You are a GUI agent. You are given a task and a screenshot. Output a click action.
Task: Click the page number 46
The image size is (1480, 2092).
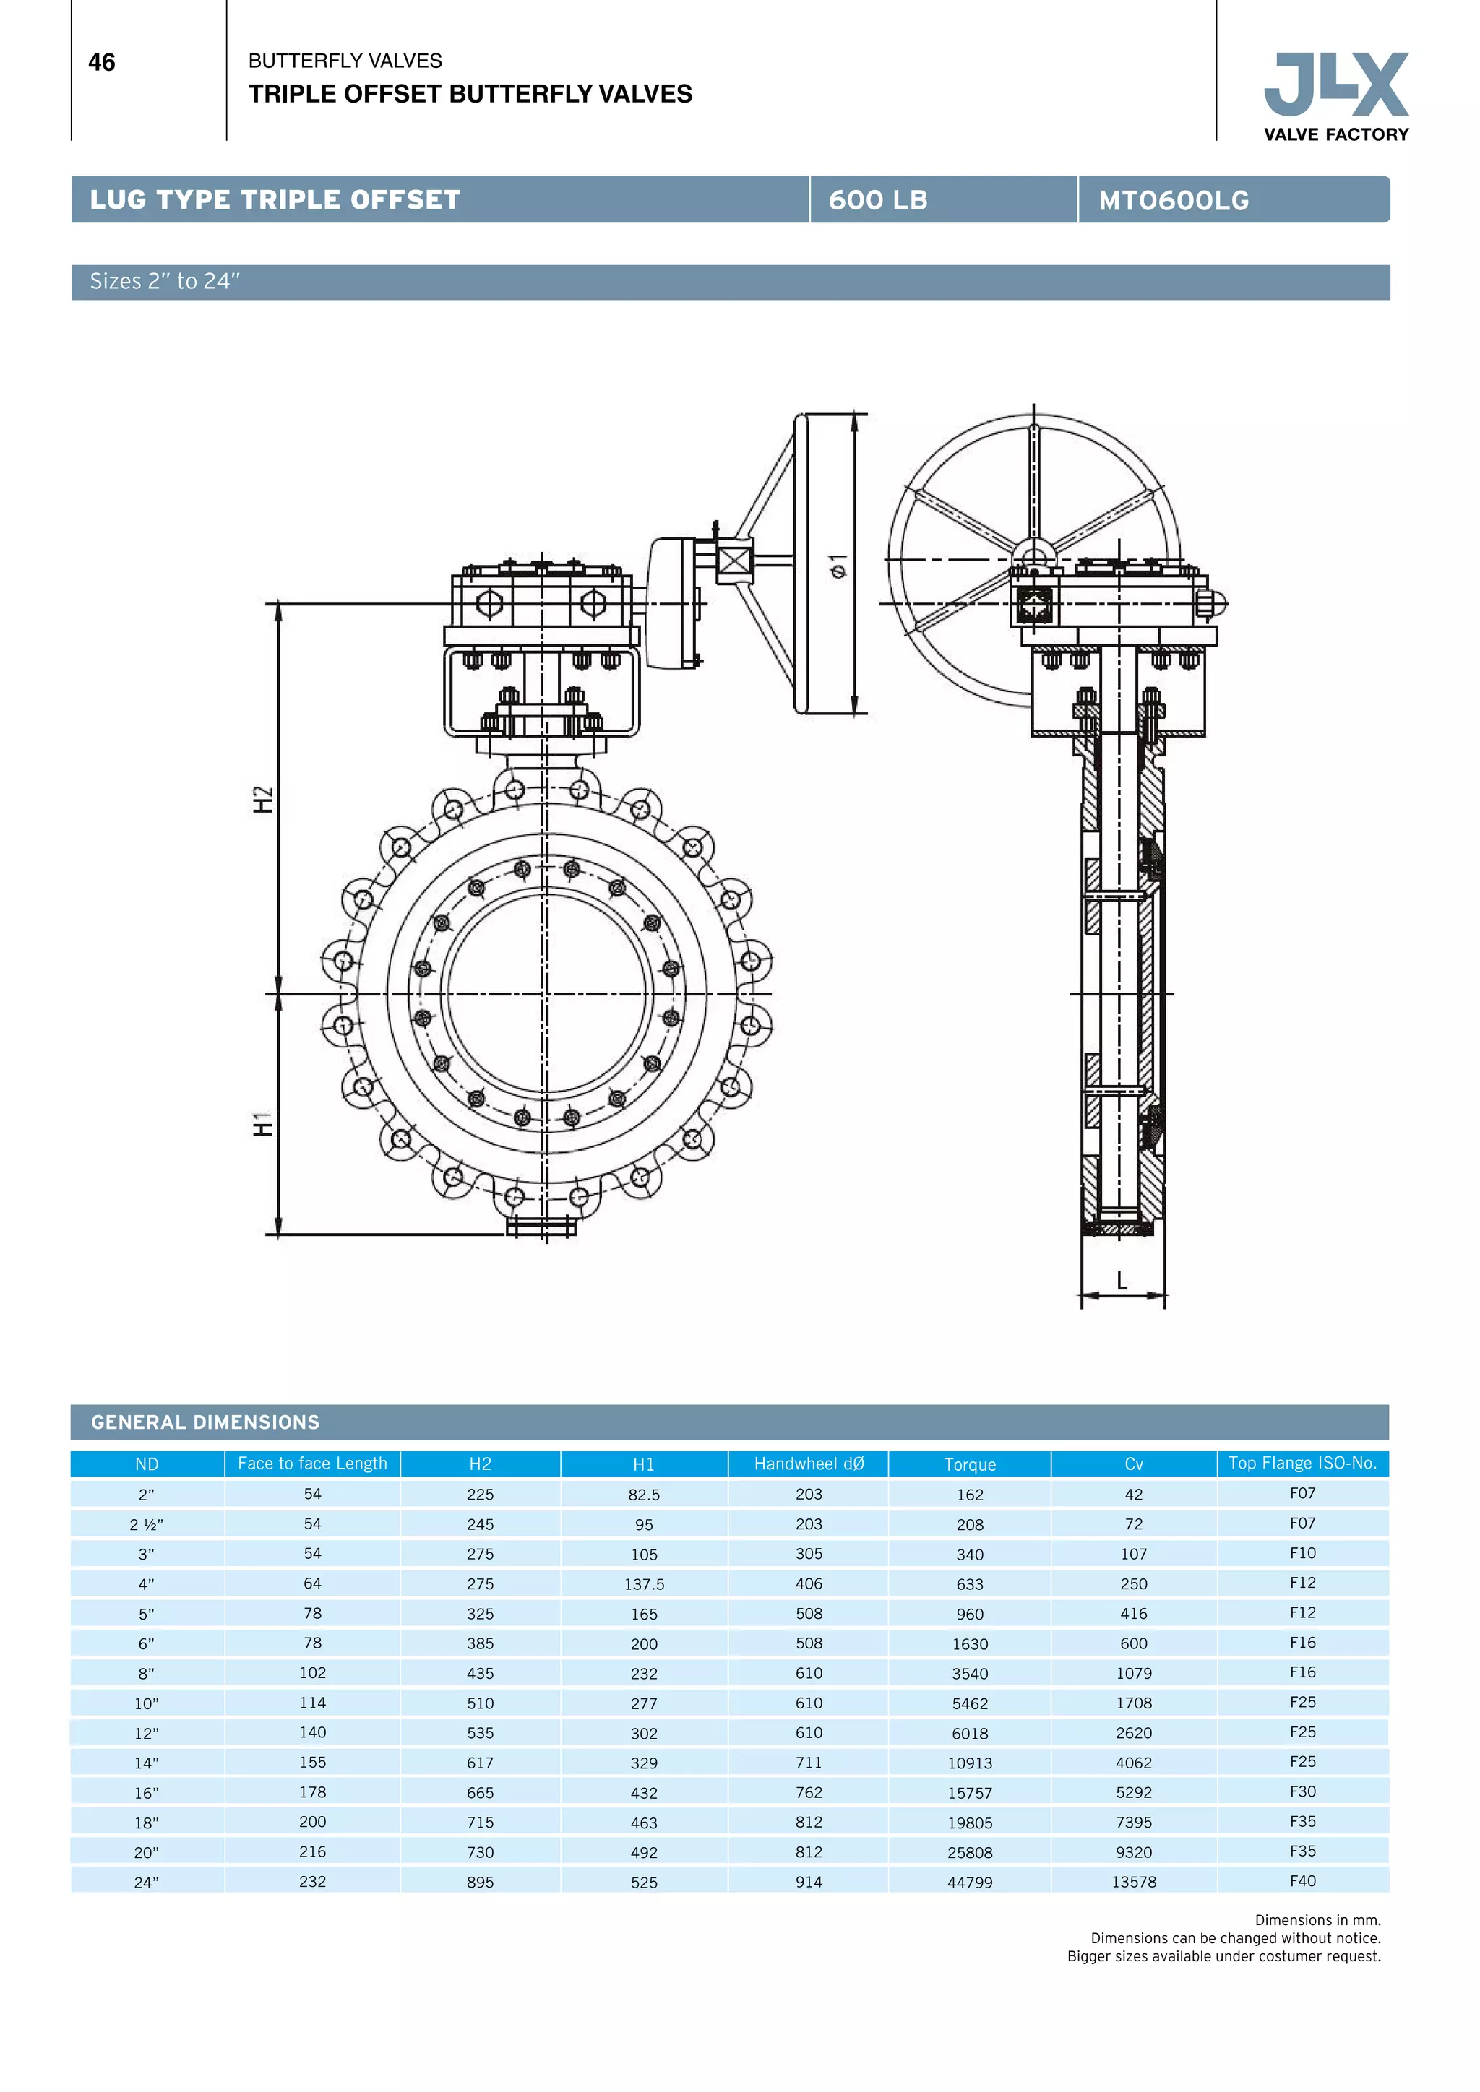pyautogui.click(x=101, y=62)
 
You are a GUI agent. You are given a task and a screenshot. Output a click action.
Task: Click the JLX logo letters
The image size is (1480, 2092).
pyautogui.click(x=1336, y=84)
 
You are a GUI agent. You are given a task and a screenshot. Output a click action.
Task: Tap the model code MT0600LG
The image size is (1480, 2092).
pyautogui.click(x=1173, y=200)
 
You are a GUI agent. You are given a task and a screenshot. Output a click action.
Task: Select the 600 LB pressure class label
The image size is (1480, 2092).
pyautogui.click(x=877, y=200)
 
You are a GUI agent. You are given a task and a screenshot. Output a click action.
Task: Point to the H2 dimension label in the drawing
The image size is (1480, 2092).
pyautogui.click(x=262, y=799)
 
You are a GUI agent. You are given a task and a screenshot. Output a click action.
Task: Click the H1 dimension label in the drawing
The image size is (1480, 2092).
pyautogui.click(x=262, y=1123)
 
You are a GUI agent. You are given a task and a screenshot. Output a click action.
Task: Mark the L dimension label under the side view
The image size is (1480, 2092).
pyautogui.click(x=1122, y=1280)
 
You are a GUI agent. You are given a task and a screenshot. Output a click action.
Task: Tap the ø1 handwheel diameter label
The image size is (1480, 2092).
pyautogui.click(x=838, y=565)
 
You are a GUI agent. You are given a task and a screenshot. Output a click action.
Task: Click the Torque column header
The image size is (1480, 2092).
pyautogui.click(x=970, y=1464)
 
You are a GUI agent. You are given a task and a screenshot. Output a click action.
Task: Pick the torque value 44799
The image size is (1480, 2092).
pyautogui.click(x=970, y=1883)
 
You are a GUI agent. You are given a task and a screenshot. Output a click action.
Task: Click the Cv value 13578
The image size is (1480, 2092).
pyautogui.click(x=1134, y=1883)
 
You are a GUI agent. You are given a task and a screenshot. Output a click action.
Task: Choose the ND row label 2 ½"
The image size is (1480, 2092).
pyautogui.click(x=146, y=1524)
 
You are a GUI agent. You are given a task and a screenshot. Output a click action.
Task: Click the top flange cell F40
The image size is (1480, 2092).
pyautogui.click(x=1302, y=1880)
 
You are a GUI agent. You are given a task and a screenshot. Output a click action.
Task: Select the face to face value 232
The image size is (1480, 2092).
pyautogui.click(x=313, y=1882)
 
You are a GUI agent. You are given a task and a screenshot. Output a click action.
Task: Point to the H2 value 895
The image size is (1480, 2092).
pyautogui.click(x=481, y=1883)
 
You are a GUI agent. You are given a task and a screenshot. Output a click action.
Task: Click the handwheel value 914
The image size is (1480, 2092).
pyautogui.click(x=809, y=1882)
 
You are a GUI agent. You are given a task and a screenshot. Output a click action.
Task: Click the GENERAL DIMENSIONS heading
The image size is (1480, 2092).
pyautogui.click(x=205, y=1422)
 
